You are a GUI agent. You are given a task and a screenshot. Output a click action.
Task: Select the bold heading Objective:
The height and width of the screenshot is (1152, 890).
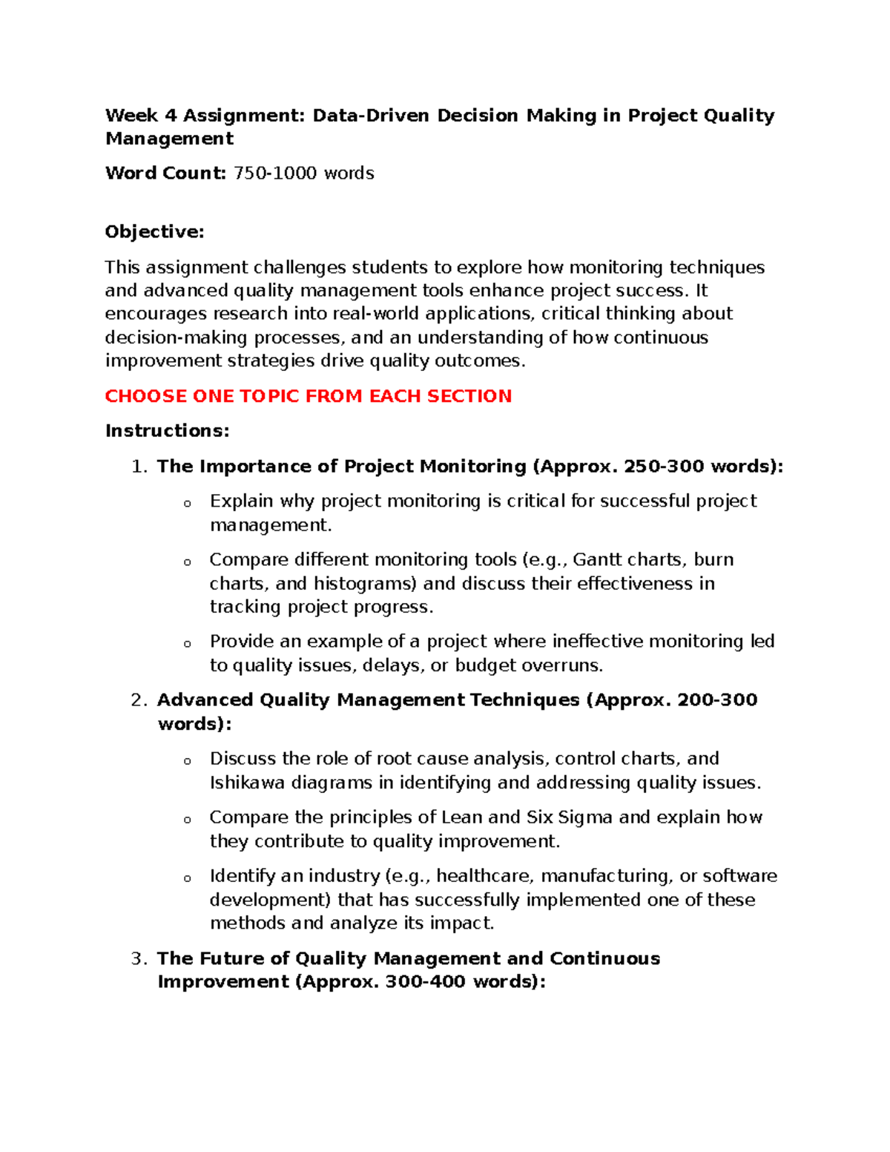point(154,232)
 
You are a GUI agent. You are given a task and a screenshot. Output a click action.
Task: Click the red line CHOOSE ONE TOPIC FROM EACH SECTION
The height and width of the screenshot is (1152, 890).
point(308,396)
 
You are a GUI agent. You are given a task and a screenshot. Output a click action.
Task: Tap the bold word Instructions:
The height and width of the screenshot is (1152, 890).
point(167,431)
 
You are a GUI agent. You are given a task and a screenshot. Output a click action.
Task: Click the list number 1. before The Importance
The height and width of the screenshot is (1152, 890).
point(139,467)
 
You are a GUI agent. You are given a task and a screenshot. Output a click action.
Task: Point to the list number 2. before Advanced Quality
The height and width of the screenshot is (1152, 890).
point(139,700)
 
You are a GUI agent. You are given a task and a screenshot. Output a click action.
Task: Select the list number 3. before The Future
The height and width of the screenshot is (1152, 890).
point(139,958)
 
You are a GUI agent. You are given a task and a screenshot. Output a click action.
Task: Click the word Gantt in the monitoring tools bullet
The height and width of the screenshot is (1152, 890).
point(597,560)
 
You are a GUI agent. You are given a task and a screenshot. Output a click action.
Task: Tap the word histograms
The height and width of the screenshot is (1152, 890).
point(364,584)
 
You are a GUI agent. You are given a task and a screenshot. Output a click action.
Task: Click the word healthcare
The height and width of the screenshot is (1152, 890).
point(483,876)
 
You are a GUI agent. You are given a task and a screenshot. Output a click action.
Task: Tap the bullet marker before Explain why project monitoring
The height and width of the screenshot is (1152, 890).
point(188,504)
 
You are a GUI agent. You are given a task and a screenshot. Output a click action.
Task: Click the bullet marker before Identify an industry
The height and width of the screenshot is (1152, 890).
point(188,878)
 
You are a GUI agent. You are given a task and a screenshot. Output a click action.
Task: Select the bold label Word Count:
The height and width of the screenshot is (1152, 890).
point(165,174)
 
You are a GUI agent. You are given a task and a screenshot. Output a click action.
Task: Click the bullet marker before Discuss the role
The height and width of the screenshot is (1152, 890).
point(188,761)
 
